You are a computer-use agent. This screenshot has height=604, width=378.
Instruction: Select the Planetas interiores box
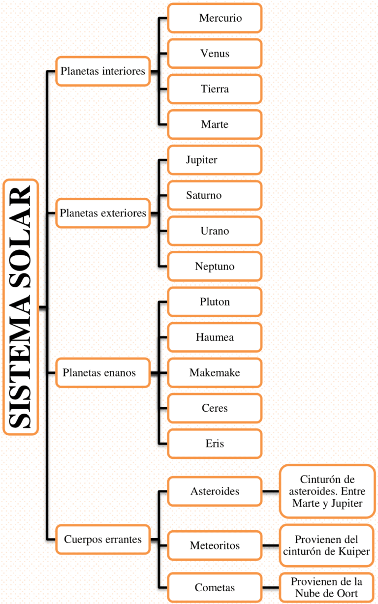pos(102,71)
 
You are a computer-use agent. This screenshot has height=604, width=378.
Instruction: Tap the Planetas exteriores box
pos(102,213)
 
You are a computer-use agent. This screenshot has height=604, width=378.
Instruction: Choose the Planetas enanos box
pos(102,373)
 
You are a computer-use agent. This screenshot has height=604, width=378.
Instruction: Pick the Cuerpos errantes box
pos(102,540)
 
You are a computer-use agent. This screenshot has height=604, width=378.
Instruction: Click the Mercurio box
pos(215,18)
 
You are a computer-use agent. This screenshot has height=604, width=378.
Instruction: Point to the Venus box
pos(215,54)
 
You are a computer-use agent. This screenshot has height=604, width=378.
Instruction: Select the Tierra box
pos(215,89)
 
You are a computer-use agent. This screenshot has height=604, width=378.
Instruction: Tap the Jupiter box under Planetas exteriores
pos(215,160)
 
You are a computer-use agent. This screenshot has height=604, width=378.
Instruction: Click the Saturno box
pos(215,195)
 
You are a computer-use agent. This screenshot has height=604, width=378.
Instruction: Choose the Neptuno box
pos(215,267)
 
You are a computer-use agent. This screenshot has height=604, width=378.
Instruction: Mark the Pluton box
pos(215,302)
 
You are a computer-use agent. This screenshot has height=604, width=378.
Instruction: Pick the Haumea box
pos(215,337)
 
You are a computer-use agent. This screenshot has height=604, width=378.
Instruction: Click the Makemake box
pos(215,373)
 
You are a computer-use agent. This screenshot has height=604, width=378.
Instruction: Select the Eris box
pos(215,444)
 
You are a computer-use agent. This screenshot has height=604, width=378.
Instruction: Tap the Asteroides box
pos(215,491)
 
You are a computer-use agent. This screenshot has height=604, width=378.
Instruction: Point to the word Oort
pos(347,593)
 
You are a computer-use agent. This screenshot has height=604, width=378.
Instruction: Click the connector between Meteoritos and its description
pos(271,545)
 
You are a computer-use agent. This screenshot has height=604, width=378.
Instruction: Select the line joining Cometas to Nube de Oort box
pos(271,587)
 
